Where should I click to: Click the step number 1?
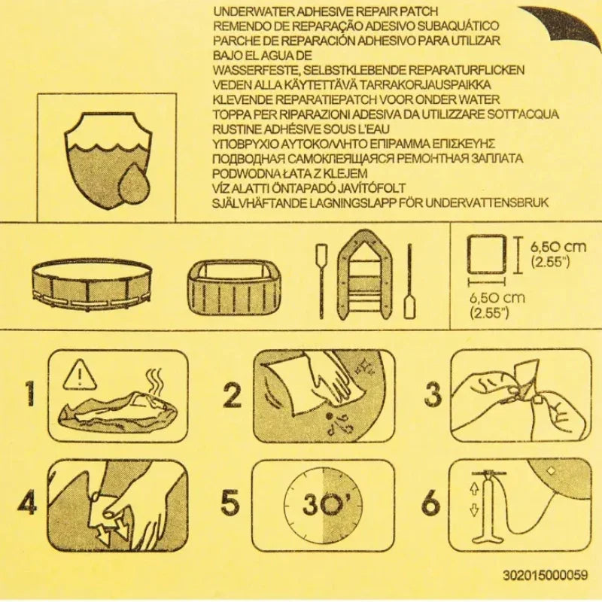[29, 394]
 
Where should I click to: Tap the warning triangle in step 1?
[76, 375]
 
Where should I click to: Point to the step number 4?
[27, 503]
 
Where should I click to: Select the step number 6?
[430, 503]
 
